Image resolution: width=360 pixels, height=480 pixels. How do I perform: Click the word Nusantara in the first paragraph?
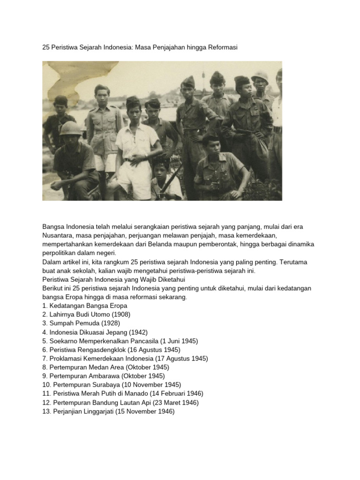click(x=58, y=235)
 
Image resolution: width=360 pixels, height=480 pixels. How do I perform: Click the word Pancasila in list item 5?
click(x=142, y=341)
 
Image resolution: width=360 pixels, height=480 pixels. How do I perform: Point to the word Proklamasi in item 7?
click(x=65, y=359)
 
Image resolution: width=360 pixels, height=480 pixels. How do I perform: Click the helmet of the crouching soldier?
click(x=70, y=128)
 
